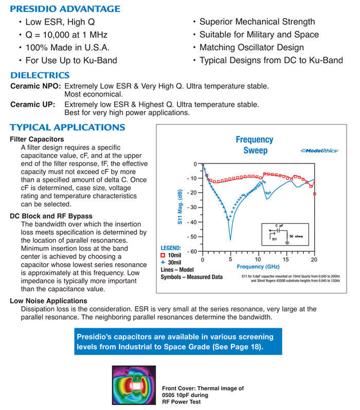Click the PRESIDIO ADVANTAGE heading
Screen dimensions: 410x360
65,9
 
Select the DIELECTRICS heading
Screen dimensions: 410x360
47,74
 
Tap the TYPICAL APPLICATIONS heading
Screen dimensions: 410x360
67,127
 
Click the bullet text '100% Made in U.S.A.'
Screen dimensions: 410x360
65,48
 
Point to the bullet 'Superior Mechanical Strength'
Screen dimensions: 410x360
257,22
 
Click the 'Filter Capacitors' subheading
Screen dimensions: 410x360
37,139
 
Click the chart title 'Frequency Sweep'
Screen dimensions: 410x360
255,145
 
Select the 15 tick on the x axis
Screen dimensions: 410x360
286,259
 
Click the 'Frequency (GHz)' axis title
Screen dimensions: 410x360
258,267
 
